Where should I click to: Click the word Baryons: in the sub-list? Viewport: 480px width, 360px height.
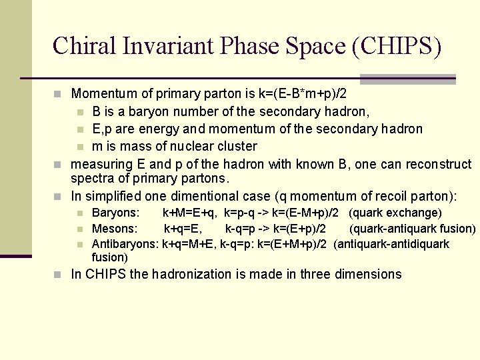(x=115, y=213)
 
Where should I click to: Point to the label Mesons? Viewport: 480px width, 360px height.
(x=114, y=229)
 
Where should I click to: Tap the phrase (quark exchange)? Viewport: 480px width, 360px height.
(x=395, y=213)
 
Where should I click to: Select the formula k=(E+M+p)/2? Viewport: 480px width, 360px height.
(x=293, y=244)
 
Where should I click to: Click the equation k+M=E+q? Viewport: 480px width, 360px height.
(x=190, y=213)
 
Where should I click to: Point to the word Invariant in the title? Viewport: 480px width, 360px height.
(x=175, y=46)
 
